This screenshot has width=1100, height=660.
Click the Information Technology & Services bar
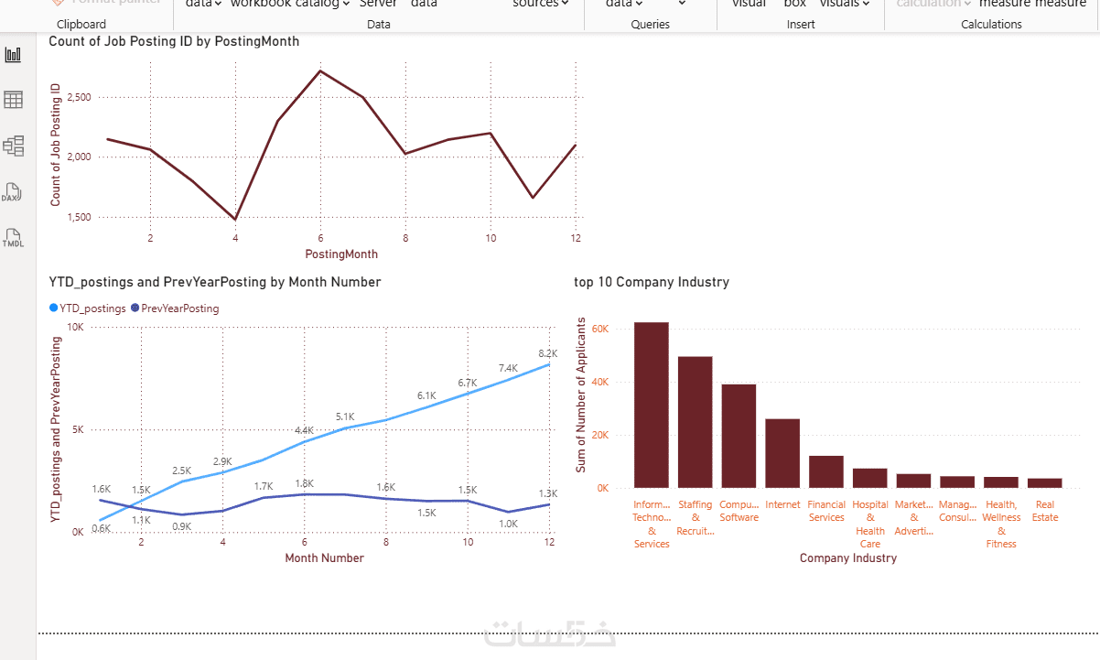(x=651, y=406)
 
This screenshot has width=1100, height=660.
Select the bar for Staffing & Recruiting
(x=695, y=422)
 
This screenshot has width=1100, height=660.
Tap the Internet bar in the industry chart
(x=782, y=453)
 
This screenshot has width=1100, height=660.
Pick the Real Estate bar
(x=1044, y=482)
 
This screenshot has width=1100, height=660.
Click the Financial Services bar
(x=826, y=471)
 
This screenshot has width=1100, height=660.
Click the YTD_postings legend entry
(x=88, y=308)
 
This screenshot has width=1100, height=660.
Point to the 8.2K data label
(x=548, y=353)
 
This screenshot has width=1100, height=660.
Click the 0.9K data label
(x=182, y=526)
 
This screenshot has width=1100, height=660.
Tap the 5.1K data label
(x=345, y=416)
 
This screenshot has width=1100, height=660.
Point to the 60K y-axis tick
(x=600, y=329)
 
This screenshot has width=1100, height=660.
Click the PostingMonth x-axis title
(x=341, y=254)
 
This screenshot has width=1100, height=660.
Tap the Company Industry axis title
(x=847, y=557)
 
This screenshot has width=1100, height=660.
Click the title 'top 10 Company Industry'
(x=651, y=282)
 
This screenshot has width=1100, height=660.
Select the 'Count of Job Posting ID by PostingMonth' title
(x=174, y=41)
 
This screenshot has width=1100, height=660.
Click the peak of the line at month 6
(x=319, y=70)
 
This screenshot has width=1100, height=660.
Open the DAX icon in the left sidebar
(x=12, y=193)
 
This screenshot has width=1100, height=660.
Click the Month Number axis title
(x=324, y=557)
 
